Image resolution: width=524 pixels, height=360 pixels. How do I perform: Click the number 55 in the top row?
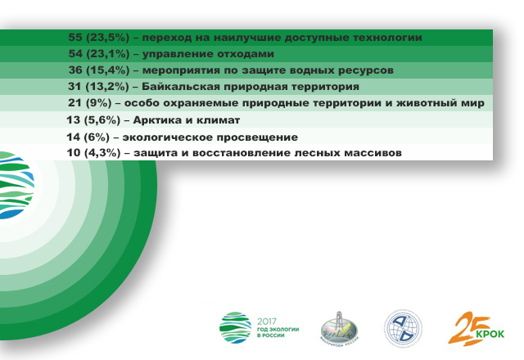pos(75,37)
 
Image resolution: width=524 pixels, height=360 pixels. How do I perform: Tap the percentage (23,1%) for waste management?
pos(108,54)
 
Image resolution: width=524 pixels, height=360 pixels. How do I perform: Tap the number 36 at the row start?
pos(75,70)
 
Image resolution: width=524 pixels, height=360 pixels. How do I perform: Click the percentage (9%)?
pos(98,103)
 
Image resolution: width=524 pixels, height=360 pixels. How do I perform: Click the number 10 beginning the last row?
pos(74,153)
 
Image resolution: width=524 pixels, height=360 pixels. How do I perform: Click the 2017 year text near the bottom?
pos(267,322)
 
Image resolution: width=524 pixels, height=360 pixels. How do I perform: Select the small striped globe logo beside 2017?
pos(235,327)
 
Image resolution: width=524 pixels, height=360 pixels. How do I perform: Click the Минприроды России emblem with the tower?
pos(339,326)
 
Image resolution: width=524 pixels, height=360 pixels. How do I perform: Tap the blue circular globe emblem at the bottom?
pos(403,327)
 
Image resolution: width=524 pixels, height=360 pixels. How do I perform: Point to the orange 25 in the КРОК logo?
pos(467,329)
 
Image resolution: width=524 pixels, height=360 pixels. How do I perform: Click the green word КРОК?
pos(490,334)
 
